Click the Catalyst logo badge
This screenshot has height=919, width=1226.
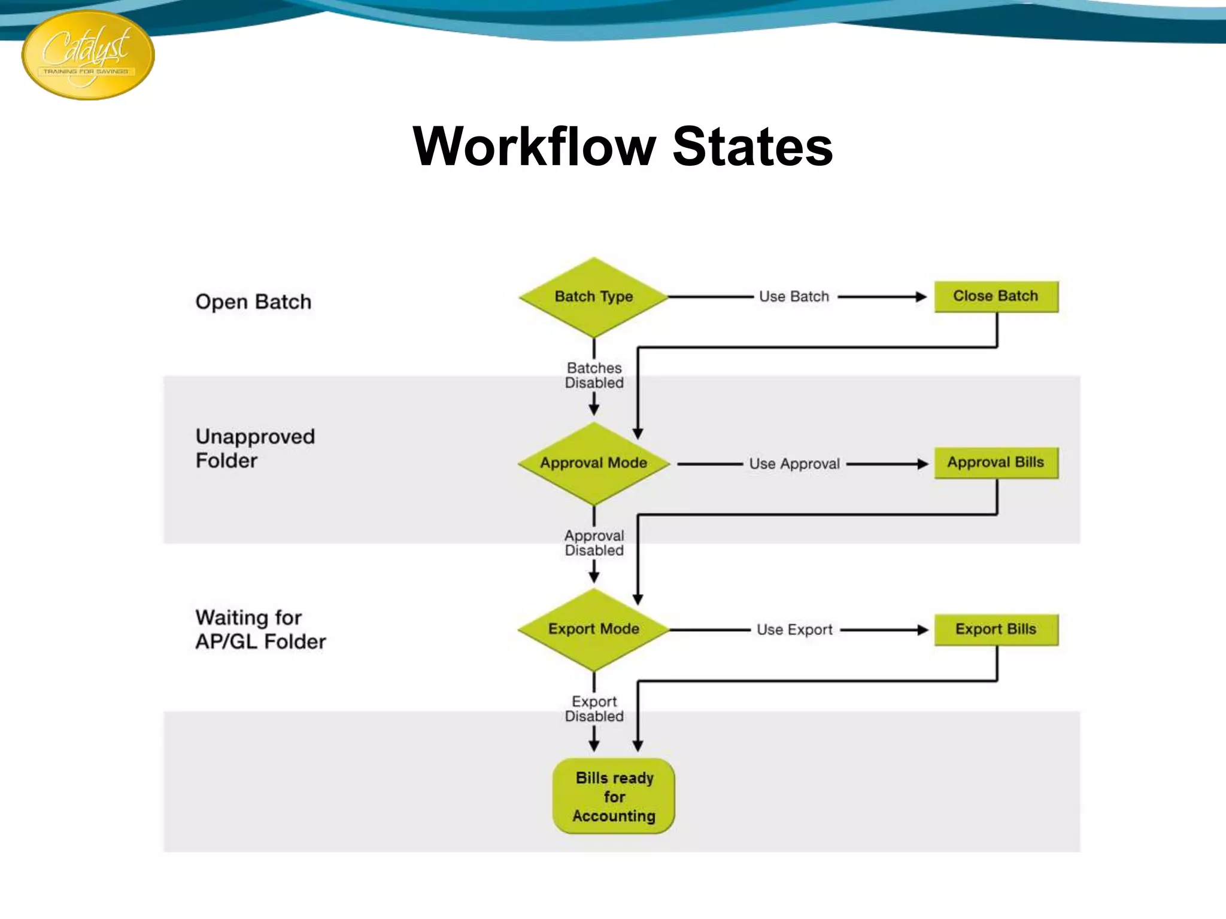pos(88,55)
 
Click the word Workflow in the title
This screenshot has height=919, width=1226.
pos(534,147)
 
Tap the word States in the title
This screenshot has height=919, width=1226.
pos(752,147)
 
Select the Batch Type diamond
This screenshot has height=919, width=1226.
pos(593,297)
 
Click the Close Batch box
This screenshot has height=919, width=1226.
pos(996,296)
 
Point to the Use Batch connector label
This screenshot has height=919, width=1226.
pos(794,297)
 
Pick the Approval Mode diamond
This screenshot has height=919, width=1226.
pos(593,463)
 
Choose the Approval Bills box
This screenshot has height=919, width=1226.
pos(996,462)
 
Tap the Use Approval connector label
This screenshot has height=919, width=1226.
pos(794,464)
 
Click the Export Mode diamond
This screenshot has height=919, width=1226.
pos(593,629)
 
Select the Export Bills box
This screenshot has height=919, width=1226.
pos(996,629)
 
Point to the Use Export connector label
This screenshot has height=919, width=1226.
pos(794,630)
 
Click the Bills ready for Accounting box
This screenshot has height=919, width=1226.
pos(614,796)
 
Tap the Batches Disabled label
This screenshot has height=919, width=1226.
pos(594,375)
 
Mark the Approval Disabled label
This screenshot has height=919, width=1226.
pos(594,543)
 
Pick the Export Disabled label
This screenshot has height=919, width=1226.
pos(594,709)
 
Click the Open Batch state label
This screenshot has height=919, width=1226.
pos(253,302)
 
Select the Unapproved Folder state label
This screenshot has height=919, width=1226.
pos(255,449)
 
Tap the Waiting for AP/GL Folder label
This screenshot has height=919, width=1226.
pos(260,629)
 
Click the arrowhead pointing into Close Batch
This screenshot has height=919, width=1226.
pos(921,297)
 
